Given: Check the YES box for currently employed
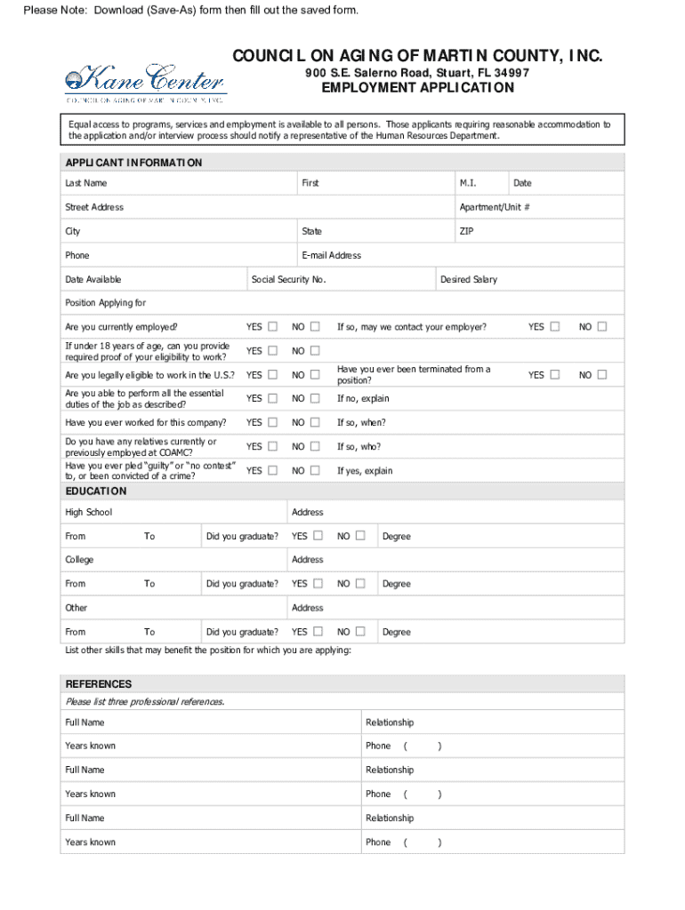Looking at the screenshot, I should click(x=273, y=327).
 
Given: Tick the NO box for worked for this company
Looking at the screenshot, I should click(x=314, y=423).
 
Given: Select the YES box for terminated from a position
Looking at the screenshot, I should click(x=555, y=375).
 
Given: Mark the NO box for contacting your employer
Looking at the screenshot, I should click(x=602, y=327).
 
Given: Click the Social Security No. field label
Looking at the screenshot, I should click(x=288, y=280).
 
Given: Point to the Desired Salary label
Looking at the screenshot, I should click(x=469, y=280).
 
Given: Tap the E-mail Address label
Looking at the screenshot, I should click(x=331, y=256).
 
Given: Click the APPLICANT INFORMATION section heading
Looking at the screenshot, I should click(x=133, y=163).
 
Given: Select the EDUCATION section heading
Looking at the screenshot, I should click(x=96, y=491).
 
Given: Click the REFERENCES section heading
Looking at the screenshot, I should click(x=99, y=684).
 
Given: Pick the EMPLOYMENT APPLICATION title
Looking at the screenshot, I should click(x=417, y=88).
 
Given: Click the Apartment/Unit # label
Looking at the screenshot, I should click(x=495, y=207).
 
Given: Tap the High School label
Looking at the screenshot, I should click(x=88, y=513).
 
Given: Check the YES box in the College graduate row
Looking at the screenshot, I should click(x=318, y=584).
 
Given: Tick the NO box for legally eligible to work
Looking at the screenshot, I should click(x=314, y=375).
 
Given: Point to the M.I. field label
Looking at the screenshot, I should click(x=468, y=183).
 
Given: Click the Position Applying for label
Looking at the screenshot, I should click(x=105, y=303).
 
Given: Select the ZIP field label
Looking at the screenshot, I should click(x=466, y=231).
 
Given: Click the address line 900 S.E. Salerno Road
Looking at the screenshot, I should click(x=417, y=72).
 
